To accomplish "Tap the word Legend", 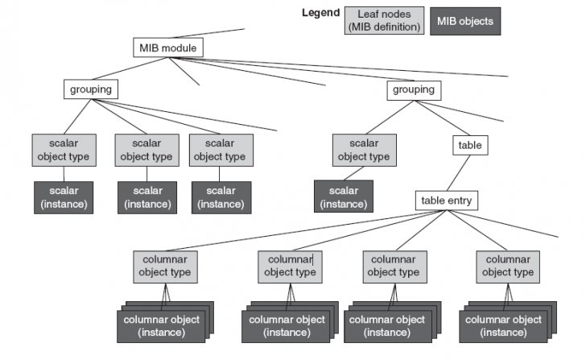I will click(320, 13).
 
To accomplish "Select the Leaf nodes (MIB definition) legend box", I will click(383, 20).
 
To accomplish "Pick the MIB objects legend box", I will click(466, 20).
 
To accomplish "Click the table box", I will click(469, 146).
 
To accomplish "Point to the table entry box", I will click(447, 201).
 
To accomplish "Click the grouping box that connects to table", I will click(413, 89).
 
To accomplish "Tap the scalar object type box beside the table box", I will click(363, 151).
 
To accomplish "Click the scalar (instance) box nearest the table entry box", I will click(344, 197).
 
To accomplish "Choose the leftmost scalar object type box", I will click(63, 151).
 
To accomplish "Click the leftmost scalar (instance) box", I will click(63, 197).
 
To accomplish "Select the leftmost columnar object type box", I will click(166, 266).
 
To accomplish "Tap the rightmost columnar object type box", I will click(507, 266).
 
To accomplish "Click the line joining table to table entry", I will click(459, 173).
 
